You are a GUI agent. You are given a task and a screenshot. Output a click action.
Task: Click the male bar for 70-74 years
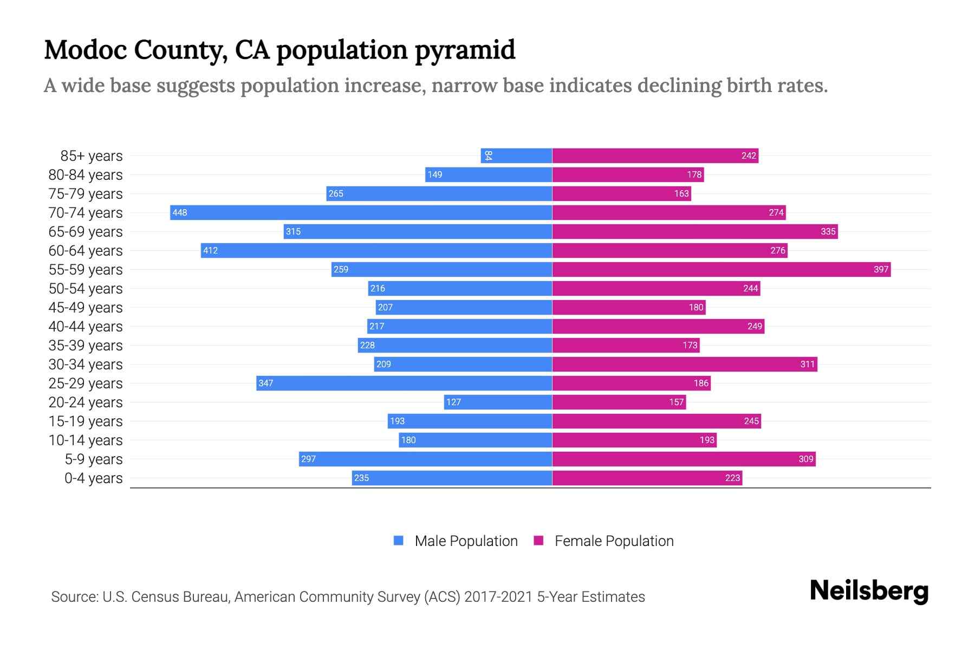361,212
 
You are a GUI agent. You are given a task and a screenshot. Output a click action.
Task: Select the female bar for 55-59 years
721,269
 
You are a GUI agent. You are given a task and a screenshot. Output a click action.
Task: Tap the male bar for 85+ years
516,155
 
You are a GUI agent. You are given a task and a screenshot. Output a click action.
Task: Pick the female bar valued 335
694,231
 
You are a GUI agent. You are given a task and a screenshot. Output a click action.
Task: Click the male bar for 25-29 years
404,383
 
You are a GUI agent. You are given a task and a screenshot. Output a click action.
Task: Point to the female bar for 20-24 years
619,402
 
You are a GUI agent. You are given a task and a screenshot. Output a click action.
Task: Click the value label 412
210,250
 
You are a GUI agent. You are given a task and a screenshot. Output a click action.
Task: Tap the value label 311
807,364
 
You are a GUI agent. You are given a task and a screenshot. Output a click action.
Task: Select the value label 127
453,402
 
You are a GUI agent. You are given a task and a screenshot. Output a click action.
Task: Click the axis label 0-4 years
93,478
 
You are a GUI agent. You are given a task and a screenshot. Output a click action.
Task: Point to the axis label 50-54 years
86,289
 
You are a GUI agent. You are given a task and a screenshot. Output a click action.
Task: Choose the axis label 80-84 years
86,175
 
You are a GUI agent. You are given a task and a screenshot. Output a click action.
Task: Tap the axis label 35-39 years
86,346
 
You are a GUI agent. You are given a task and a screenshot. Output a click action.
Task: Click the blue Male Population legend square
399,541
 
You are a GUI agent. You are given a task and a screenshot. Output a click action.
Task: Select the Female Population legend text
614,541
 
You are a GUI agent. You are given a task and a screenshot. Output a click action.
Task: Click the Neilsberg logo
869,591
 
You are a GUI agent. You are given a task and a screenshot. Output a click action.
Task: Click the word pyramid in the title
465,50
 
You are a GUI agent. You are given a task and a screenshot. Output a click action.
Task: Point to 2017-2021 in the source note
498,597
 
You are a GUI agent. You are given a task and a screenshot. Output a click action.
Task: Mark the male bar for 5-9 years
425,459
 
